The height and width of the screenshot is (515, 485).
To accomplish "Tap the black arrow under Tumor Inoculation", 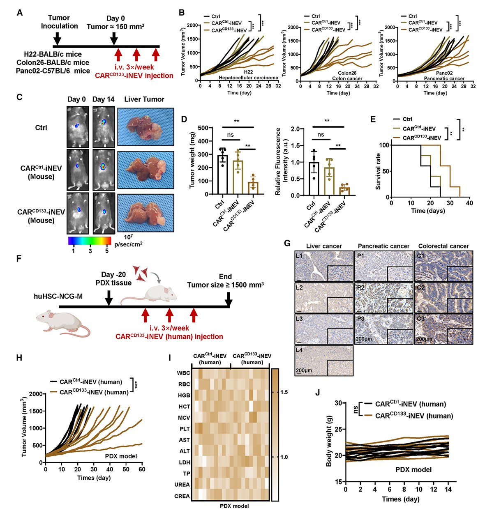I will click(x=58, y=38).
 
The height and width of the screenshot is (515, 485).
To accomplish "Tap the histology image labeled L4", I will click(x=324, y=361).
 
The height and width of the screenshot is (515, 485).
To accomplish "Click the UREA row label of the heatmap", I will click(x=182, y=485).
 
